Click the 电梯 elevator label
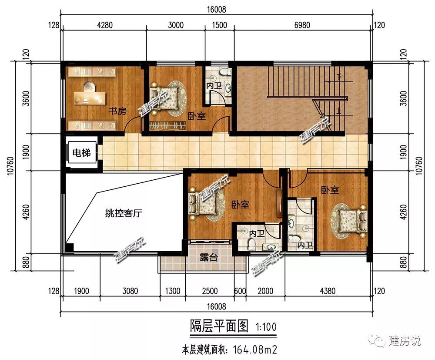click(81, 153)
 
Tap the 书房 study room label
click(117, 111)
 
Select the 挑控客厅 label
click(124, 213)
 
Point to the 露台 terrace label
click(208, 258)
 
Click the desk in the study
click(90, 98)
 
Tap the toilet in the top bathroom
click(225, 72)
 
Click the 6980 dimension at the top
click(302, 25)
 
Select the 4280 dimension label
click(105, 25)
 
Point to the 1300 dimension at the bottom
click(173, 291)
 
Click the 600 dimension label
click(240, 291)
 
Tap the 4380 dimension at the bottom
click(328, 291)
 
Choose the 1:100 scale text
click(266, 327)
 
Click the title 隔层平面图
click(219, 326)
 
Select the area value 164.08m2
click(255, 350)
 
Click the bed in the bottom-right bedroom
click(353, 221)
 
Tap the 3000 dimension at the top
click(176, 25)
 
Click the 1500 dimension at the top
click(219, 25)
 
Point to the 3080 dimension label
click(130, 291)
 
